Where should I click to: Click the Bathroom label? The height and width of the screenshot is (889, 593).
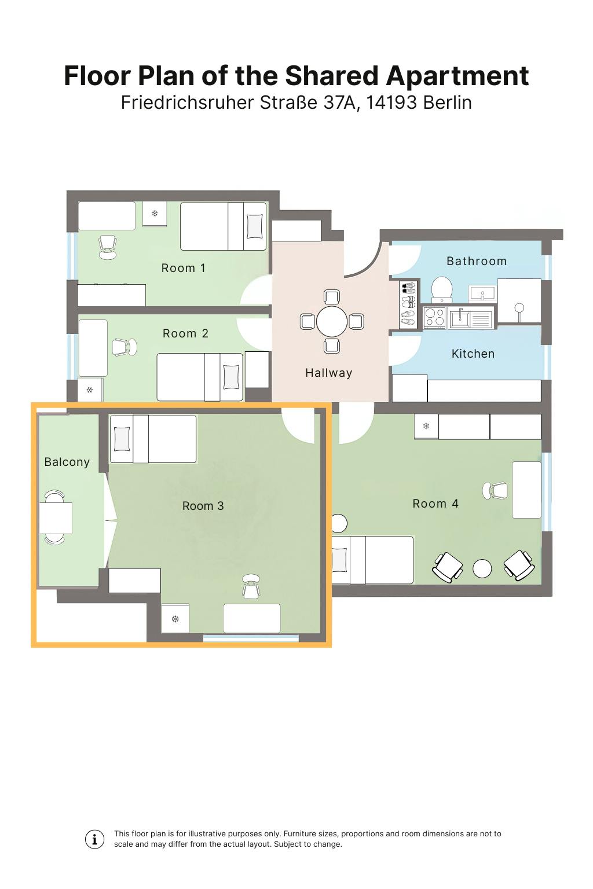(x=476, y=261)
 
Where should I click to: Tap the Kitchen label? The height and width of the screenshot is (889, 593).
(x=473, y=353)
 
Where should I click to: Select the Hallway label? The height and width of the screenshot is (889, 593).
(x=328, y=373)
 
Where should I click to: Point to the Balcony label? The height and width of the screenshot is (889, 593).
(x=67, y=462)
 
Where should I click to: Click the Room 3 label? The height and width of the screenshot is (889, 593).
(x=203, y=506)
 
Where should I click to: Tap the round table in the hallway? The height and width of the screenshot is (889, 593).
(x=332, y=321)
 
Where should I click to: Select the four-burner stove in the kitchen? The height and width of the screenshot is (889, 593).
(x=434, y=317)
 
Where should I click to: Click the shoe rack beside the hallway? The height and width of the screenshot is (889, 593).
(x=408, y=304)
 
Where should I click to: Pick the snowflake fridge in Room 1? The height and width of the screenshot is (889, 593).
(x=155, y=214)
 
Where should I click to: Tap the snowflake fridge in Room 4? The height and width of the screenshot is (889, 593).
(x=426, y=426)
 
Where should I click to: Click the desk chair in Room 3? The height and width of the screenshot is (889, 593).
(x=251, y=586)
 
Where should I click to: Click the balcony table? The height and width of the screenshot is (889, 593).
(x=56, y=518)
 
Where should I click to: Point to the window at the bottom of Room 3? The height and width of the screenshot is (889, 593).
(x=251, y=638)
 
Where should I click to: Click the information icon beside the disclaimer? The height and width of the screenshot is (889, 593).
(x=94, y=839)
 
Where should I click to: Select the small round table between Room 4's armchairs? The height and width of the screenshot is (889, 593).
(x=482, y=568)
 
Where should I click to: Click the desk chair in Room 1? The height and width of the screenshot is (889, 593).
(x=108, y=247)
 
